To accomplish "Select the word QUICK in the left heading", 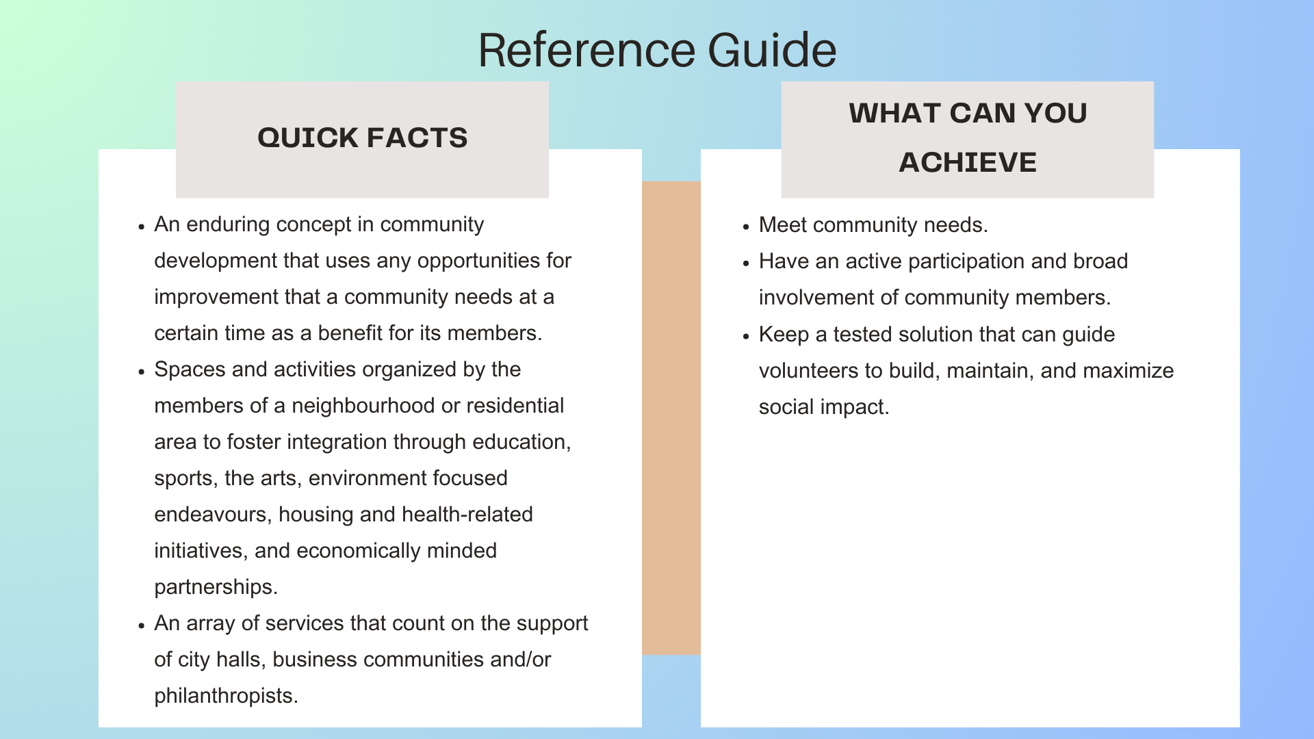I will (308, 138).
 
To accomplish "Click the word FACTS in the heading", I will (417, 138).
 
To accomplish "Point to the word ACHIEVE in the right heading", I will (967, 162).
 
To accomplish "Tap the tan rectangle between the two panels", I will (671, 417).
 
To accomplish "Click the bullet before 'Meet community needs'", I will (747, 226).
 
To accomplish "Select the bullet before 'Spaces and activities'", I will (142, 372).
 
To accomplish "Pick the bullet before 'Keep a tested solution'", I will (747, 336).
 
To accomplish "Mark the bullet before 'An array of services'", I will (142, 625).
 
